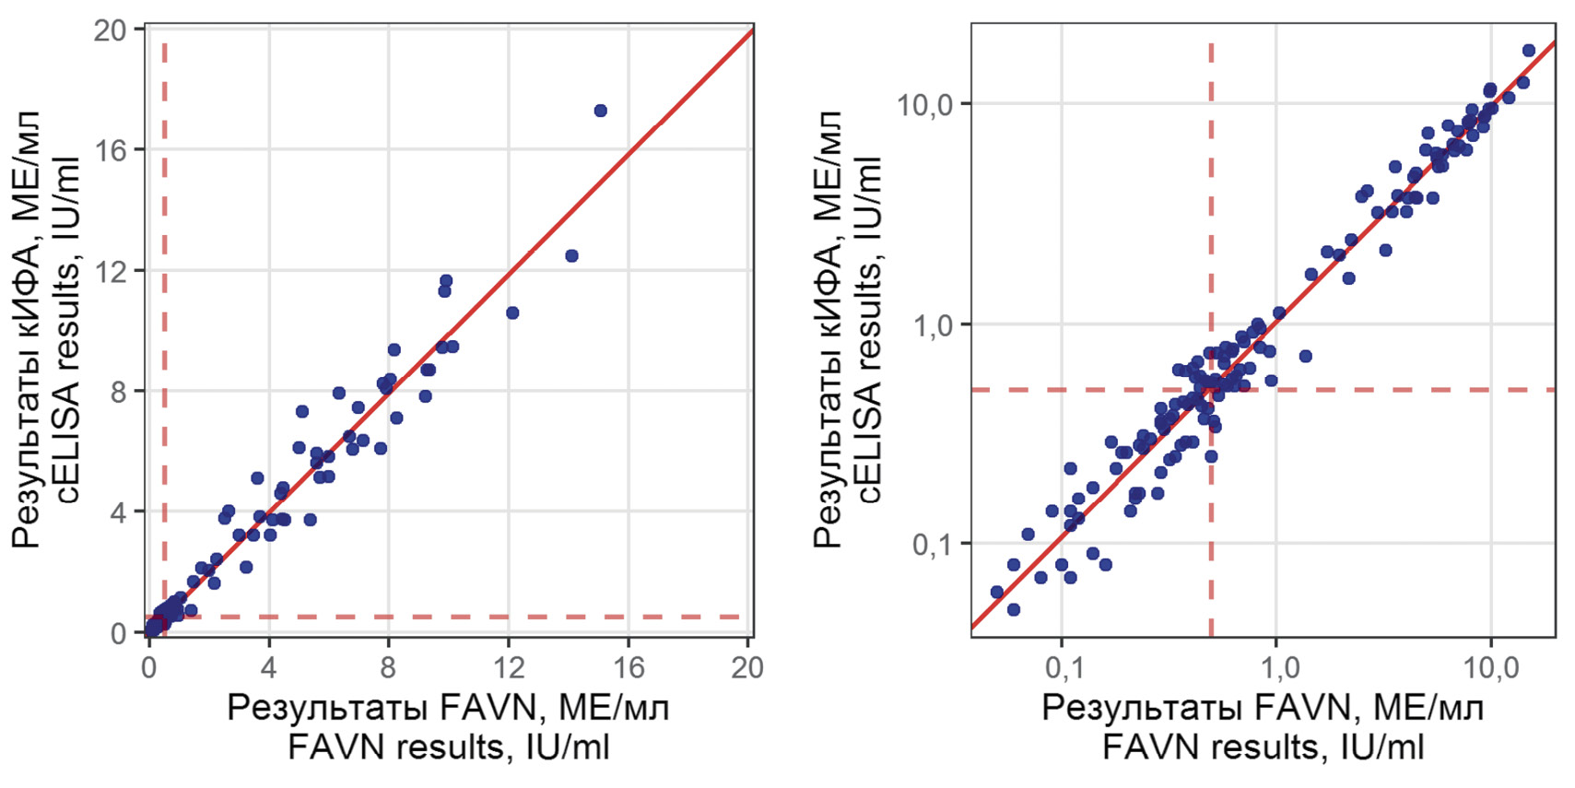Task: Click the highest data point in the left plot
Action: (x=600, y=111)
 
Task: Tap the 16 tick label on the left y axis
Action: (x=111, y=150)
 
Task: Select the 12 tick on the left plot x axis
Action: (x=509, y=667)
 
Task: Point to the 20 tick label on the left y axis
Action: (x=111, y=30)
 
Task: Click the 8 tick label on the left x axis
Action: (x=388, y=667)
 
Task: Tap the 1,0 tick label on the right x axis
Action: (x=1276, y=667)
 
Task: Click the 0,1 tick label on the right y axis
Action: (x=932, y=545)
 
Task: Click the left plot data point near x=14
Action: (x=571, y=255)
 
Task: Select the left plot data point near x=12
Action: (x=512, y=313)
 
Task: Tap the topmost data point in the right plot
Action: (x=1528, y=51)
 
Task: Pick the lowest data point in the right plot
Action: (x=1014, y=609)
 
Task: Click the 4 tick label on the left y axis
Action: (x=118, y=512)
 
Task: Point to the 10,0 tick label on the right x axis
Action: (x=1491, y=667)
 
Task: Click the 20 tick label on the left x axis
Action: (x=747, y=667)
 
